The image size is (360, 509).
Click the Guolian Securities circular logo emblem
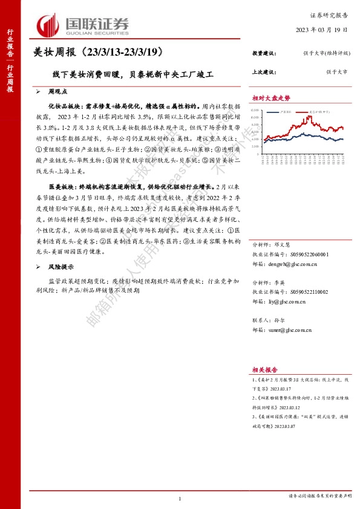coord(48,24)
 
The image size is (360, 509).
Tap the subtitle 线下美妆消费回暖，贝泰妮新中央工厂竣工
coord(133,76)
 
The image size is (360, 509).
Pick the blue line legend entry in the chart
coord(272,112)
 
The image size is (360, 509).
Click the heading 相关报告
coord(265,369)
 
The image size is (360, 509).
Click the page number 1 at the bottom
coord(180,499)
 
